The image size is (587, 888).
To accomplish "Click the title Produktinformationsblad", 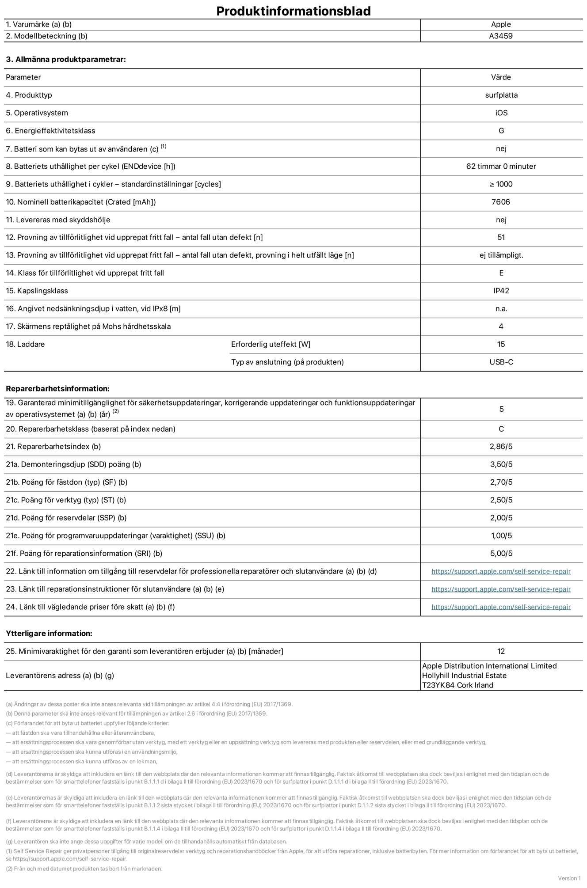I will (x=293, y=11).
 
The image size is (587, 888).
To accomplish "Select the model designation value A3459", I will (x=501, y=36).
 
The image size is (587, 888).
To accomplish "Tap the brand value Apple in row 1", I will (x=501, y=25).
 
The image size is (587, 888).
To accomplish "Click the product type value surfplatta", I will (x=501, y=95).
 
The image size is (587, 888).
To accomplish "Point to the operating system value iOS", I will (x=501, y=113).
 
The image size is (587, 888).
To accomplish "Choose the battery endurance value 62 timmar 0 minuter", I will (x=501, y=167).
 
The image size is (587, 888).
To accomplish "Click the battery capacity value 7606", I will (x=501, y=202).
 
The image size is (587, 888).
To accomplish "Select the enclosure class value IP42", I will (x=501, y=291).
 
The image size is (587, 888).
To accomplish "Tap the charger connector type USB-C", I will (x=501, y=362).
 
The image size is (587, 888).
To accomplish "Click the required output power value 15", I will (x=501, y=344).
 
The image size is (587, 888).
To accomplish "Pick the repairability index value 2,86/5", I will (x=501, y=447).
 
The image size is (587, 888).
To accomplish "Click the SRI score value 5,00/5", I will (x=501, y=554).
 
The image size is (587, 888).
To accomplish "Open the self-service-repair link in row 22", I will (x=501, y=571).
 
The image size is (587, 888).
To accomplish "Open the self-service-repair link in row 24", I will (x=501, y=607).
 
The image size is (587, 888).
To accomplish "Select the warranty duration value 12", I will (x=501, y=651).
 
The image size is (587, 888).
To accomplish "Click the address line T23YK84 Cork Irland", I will (x=457, y=685).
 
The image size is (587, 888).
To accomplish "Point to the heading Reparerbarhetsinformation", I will (x=57, y=389).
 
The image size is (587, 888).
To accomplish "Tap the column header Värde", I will (x=501, y=77).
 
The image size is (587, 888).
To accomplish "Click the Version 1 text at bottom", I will (x=569, y=878).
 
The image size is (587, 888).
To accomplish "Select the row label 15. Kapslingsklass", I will (x=37, y=291).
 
